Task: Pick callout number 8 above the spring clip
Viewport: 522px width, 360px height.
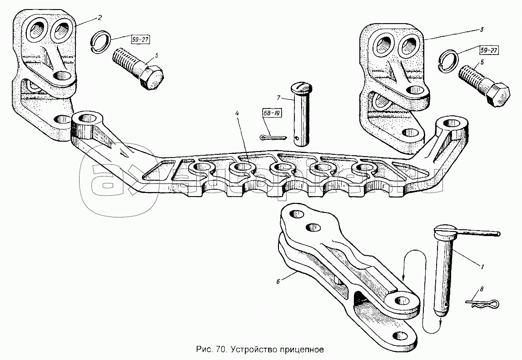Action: point(482,289)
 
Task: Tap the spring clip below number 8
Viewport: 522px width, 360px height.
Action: point(482,304)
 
